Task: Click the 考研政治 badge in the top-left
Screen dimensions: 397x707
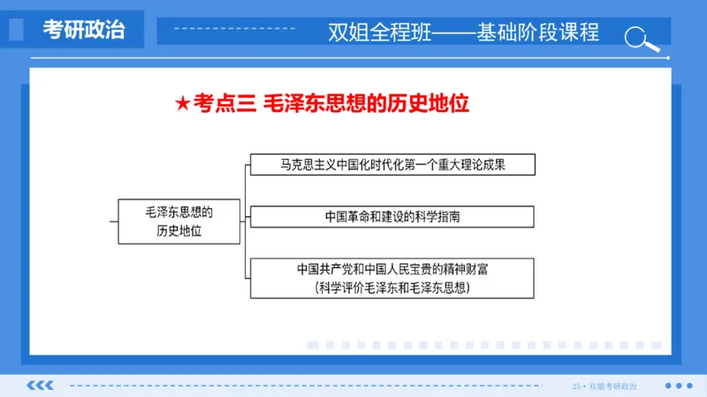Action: [84, 29]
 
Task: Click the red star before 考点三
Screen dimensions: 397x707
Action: [182, 104]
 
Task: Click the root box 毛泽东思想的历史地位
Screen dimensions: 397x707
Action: [179, 221]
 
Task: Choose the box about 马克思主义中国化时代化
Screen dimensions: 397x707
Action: [392, 164]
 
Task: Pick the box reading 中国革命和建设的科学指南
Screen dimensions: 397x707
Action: [392, 216]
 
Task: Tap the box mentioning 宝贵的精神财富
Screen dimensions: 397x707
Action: [392, 278]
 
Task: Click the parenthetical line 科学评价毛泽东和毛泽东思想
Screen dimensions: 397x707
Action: [392, 288]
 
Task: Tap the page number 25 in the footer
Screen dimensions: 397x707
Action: [576, 386]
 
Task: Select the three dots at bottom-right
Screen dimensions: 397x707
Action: [678, 385]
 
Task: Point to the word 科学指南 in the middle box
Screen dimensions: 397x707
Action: [437, 216]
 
